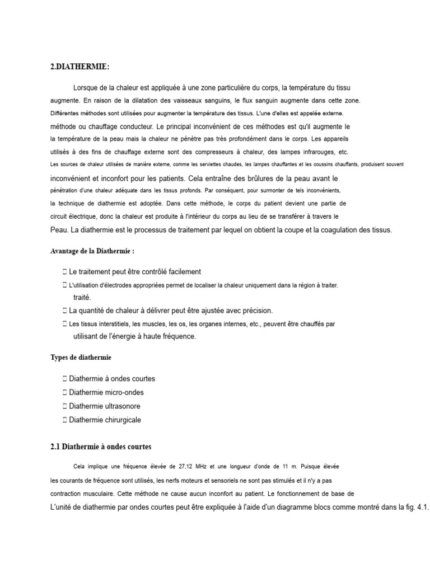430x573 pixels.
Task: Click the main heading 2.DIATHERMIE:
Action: pos(80,67)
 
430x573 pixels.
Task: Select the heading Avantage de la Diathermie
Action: pos(93,251)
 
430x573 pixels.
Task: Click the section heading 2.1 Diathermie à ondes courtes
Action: pos(101,447)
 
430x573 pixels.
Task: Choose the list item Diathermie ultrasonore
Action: pos(105,406)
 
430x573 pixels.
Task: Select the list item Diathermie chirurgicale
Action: pos(105,420)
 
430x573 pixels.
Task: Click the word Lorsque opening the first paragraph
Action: pos(86,88)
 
